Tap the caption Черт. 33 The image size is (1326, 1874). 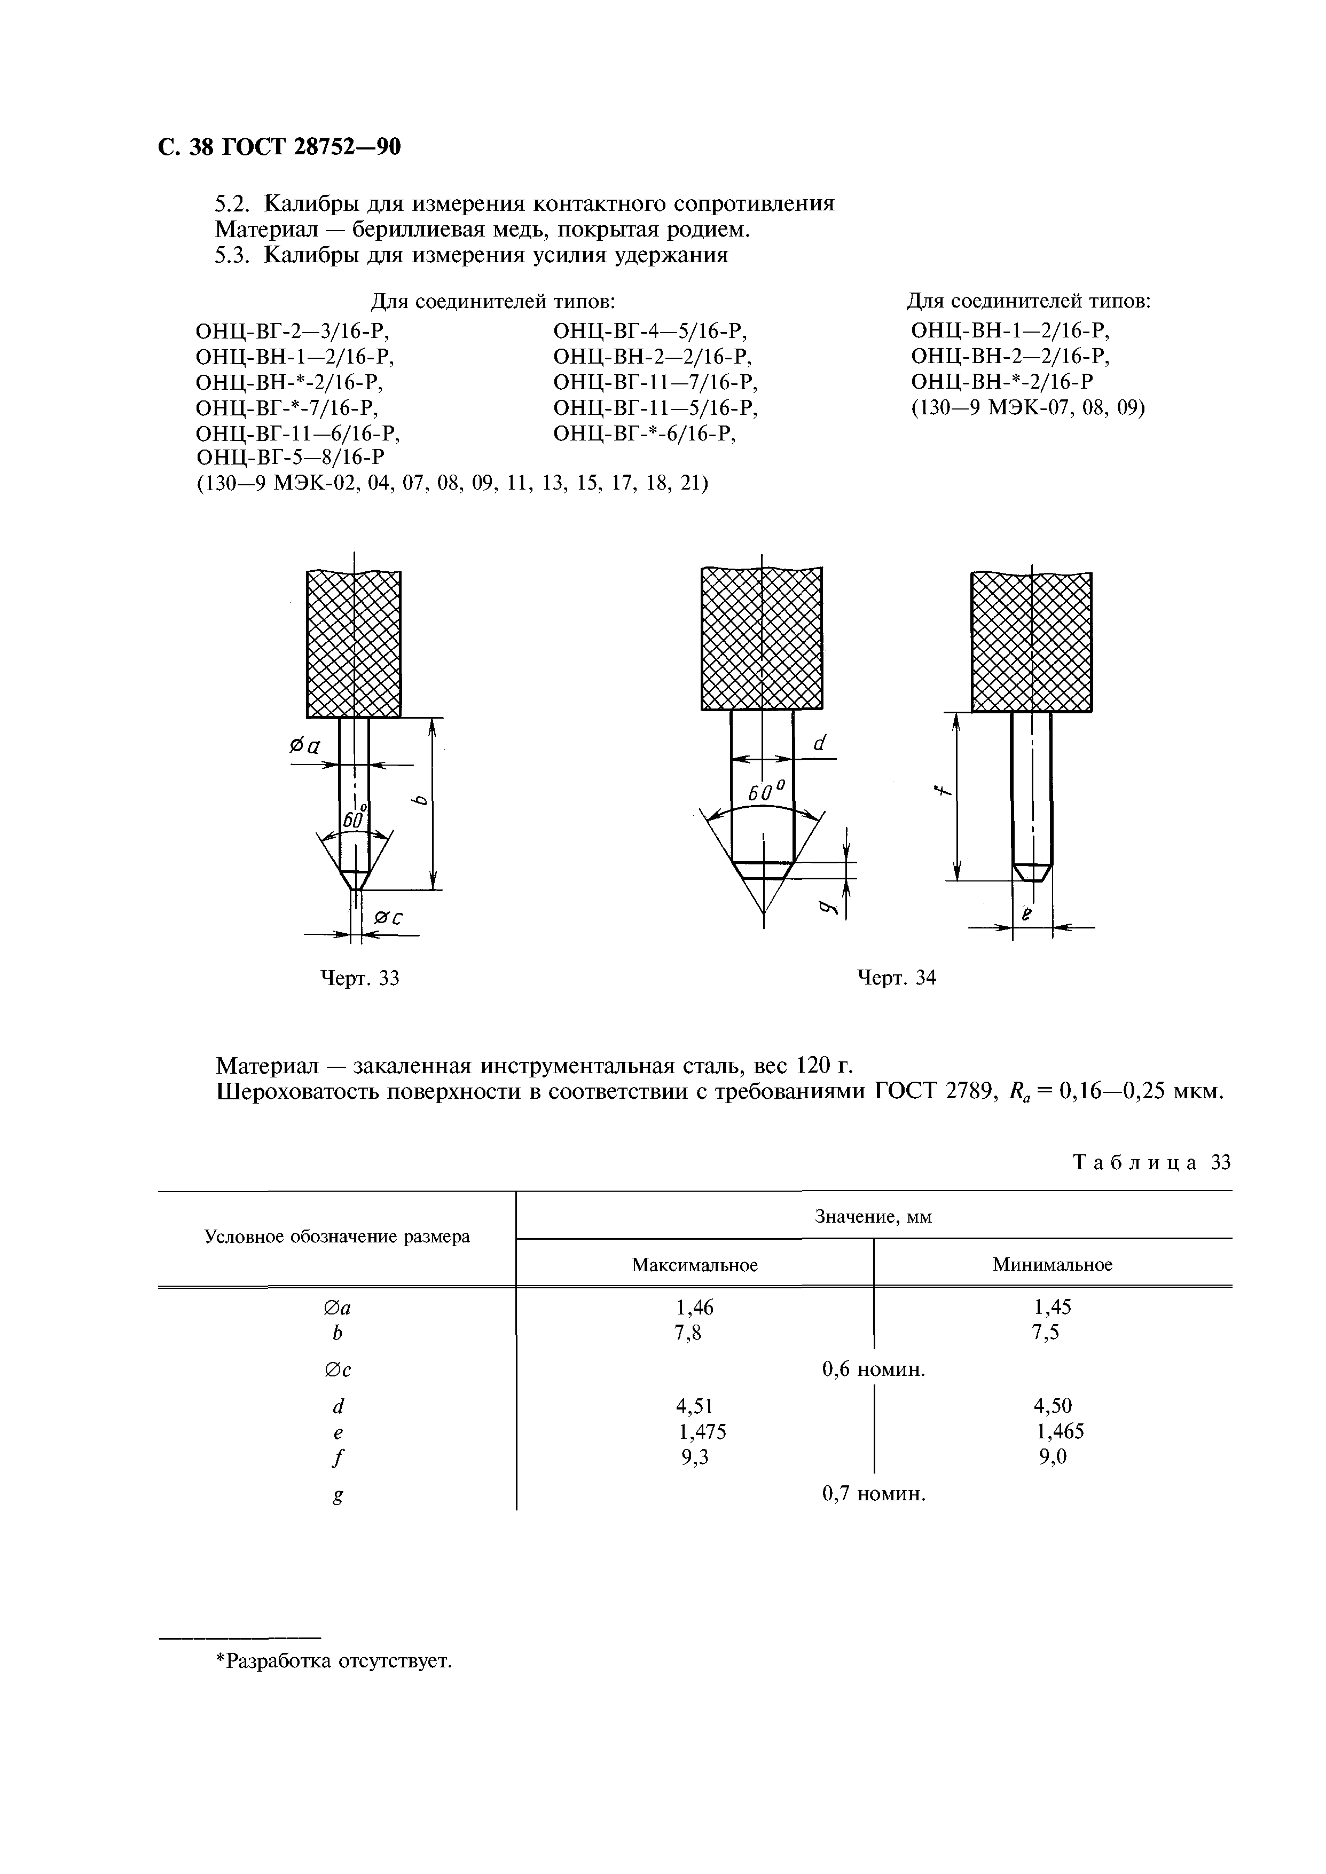coord(359,978)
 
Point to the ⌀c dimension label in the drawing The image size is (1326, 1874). coord(389,918)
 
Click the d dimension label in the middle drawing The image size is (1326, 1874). coord(820,743)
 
